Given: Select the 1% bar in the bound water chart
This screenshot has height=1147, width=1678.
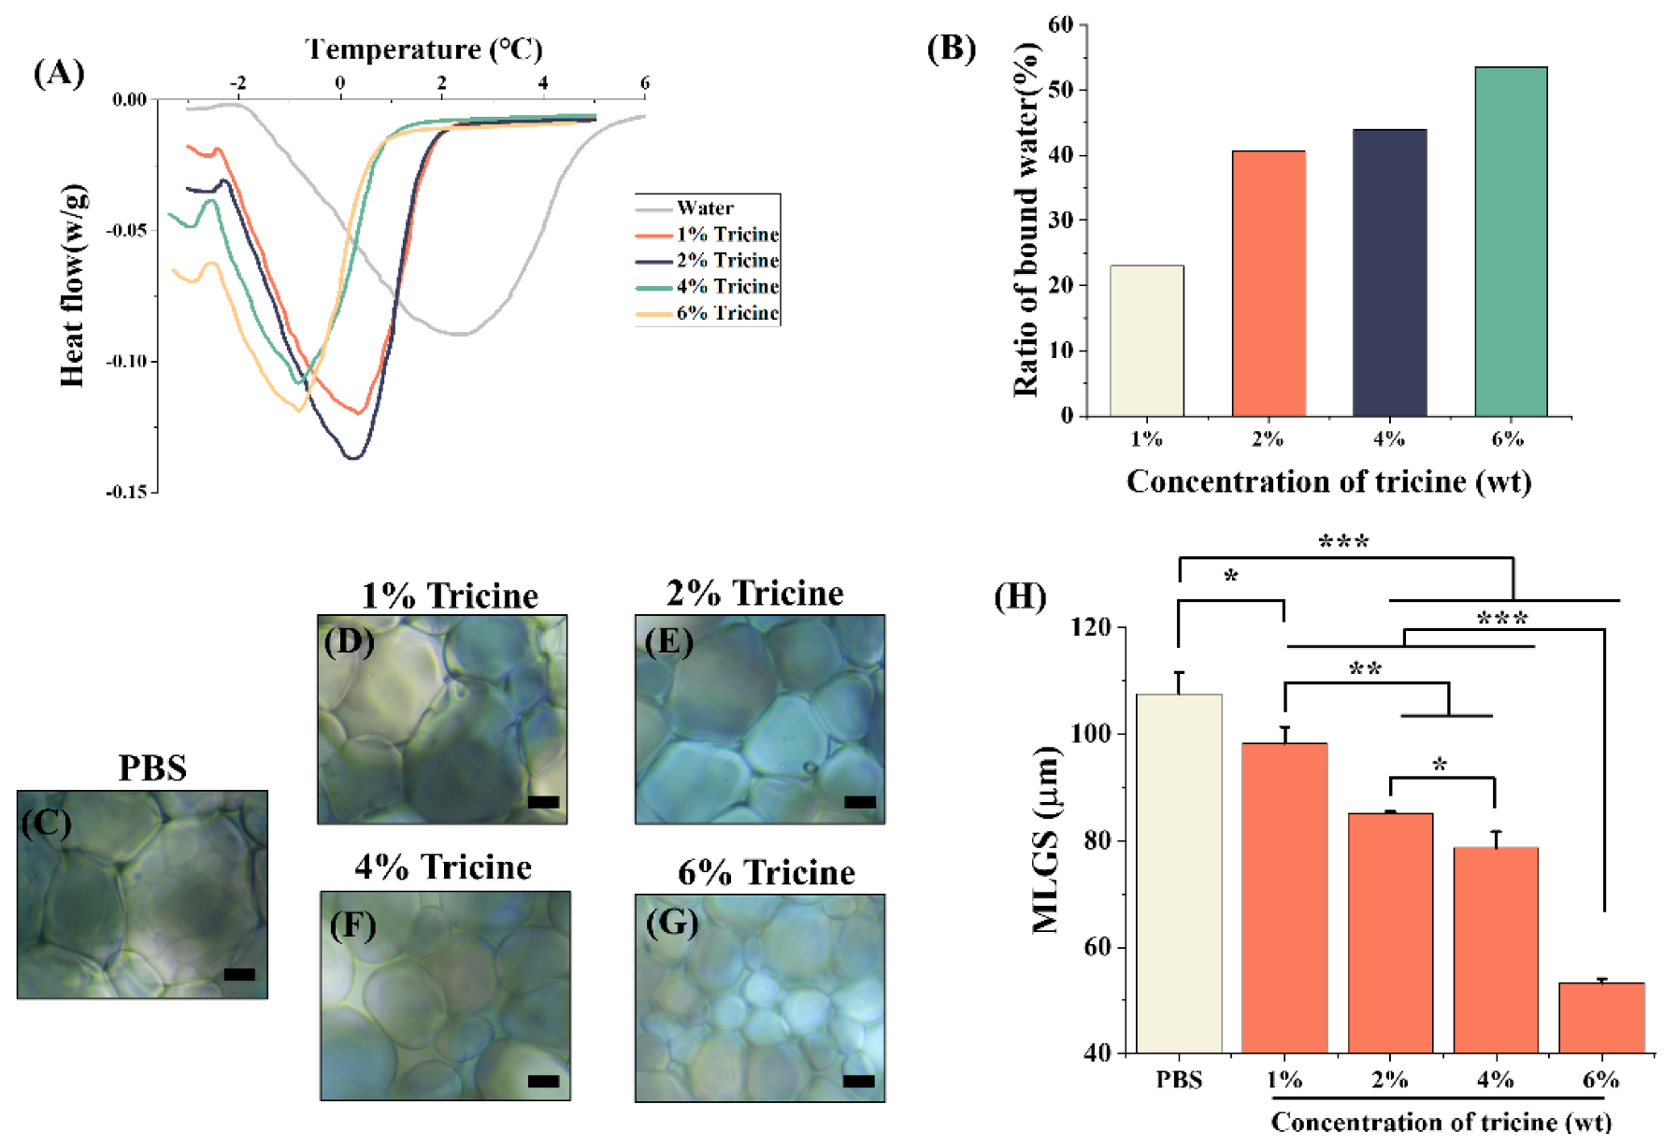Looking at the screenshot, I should (x=1146, y=340).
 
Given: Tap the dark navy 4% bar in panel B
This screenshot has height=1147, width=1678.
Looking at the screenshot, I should (x=1389, y=272).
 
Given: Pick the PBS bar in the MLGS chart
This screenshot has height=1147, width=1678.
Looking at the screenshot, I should (x=1179, y=873).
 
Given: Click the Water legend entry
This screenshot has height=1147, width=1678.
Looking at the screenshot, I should (x=705, y=208).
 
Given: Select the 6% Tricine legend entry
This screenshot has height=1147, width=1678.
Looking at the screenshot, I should (x=726, y=313).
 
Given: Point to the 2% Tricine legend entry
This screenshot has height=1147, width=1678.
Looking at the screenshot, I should (x=726, y=260).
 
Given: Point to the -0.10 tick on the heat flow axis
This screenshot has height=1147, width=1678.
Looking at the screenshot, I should (x=126, y=362).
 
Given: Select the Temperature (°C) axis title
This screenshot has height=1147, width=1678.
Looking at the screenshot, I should (x=423, y=49).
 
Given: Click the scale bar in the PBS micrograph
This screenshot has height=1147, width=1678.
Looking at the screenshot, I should (x=239, y=974).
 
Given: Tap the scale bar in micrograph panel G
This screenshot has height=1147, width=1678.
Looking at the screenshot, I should (x=859, y=1081).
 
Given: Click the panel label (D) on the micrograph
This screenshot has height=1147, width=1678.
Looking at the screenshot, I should (x=349, y=642).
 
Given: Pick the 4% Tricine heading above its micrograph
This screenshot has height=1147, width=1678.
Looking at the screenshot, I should (x=443, y=867).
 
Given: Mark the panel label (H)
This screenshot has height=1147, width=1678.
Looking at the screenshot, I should (x=1019, y=595).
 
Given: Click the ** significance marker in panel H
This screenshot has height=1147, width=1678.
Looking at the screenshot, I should (x=1365, y=669).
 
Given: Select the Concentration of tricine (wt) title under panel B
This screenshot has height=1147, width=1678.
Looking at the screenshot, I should (x=1328, y=480).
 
